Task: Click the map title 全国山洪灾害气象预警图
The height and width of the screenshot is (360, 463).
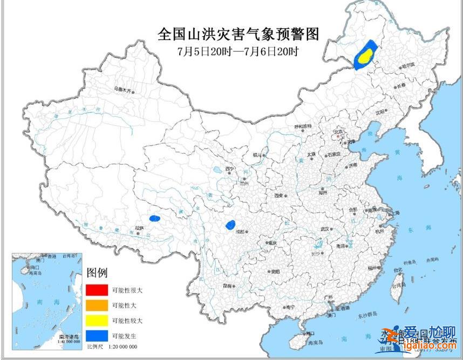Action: tap(238, 34)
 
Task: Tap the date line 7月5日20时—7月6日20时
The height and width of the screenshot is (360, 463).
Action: tap(238, 51)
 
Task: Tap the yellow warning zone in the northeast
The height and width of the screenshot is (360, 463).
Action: tap(366, 55)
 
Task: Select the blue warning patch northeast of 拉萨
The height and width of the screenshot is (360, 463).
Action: tap(155, 219)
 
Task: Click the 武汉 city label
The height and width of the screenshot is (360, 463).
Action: tap(325, 229)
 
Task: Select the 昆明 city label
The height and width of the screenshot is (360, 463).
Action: tap(228, 286)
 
